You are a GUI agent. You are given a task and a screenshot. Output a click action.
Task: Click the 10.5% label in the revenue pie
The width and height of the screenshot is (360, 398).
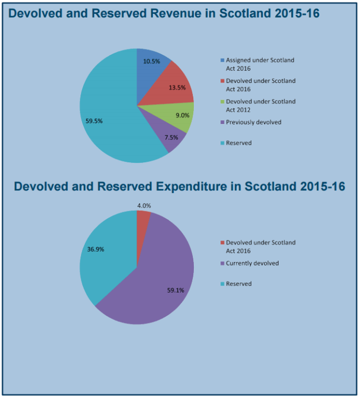tap(151, 61)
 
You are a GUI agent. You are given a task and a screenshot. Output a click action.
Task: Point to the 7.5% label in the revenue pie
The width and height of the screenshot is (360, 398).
tap(171, 137)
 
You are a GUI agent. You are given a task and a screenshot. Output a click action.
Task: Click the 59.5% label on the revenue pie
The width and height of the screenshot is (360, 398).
tap(94, 121)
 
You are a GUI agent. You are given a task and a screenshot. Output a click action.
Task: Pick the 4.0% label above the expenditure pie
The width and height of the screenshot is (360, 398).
tap(143, 205)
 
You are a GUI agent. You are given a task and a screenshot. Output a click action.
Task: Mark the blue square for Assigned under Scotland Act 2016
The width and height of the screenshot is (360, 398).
tap(222, 60)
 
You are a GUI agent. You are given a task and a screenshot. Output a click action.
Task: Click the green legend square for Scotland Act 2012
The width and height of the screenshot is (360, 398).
tap(222, 102)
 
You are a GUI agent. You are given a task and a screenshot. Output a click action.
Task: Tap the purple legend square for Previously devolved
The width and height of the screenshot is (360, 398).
tap(222, 122)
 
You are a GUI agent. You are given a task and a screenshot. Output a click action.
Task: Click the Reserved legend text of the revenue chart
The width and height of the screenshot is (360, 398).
tap(239, 143)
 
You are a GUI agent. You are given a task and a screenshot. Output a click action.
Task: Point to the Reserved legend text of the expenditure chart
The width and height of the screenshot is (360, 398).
tap(239, 284)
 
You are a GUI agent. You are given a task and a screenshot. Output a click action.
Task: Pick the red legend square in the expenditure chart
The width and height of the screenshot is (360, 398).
tap(222, 243)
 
